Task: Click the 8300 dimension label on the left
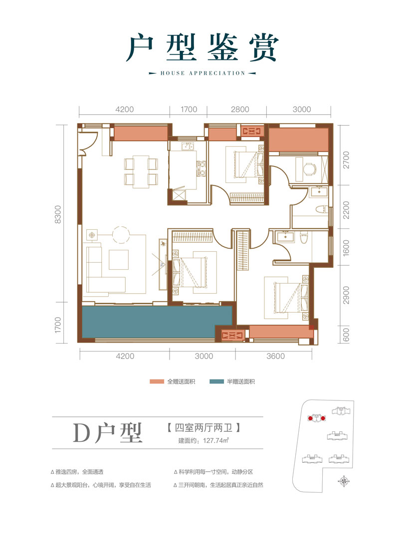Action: tap(58, 215)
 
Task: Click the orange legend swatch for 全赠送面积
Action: tap(157, 382)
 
